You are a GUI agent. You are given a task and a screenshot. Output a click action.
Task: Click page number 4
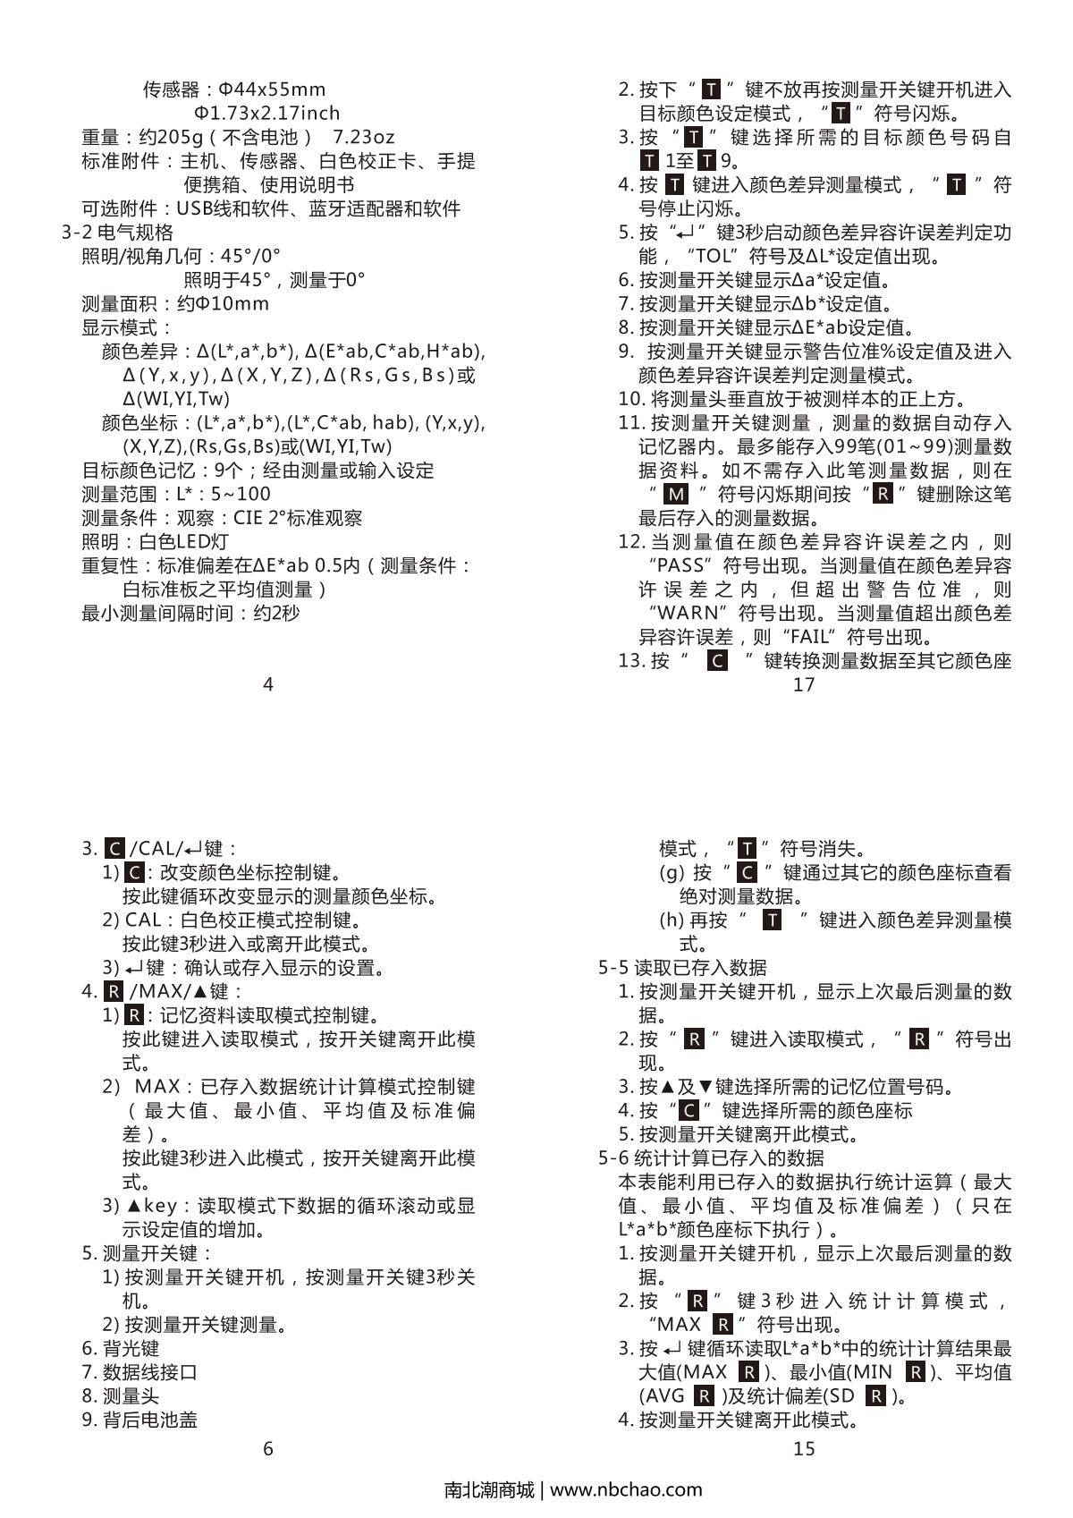(x=267, y=684)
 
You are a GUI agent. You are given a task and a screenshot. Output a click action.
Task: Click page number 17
(x=804, y=684)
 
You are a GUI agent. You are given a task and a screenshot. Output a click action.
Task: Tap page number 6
(x=267, y=1448)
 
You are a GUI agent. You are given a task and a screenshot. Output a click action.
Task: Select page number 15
(x=804, y=1448)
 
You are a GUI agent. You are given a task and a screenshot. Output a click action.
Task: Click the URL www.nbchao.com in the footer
(x=626, y=1489)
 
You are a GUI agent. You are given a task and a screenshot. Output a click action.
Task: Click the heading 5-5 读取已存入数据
(x=682, y=967)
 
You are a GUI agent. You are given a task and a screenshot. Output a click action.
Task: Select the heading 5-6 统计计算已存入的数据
(x=711, y=1158)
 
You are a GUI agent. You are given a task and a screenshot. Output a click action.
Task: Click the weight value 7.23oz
(x=363, y=137)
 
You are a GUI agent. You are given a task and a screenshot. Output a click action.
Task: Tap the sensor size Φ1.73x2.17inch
(x=267, y=113)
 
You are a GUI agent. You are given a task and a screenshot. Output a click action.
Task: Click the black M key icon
(x=678, y=494)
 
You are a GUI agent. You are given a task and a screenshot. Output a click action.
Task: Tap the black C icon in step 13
(x=716, y=661)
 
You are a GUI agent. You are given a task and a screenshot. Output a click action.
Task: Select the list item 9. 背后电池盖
(x=139, y=1420)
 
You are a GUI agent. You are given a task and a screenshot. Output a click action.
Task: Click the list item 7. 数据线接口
(x=139, y=1372)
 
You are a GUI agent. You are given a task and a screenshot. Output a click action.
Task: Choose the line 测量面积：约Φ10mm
(x=175, y=303)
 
